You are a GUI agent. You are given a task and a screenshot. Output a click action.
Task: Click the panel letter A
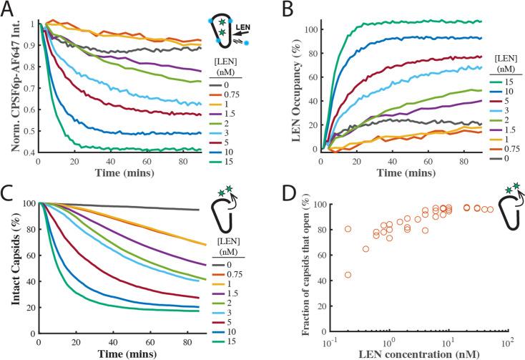pos(9,9)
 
